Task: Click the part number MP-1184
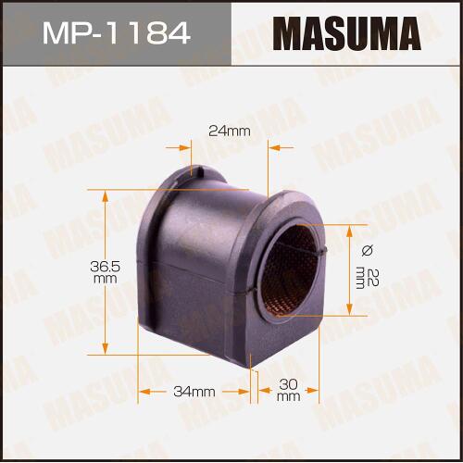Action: (x=116, y=32)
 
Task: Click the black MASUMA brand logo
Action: (x=346, y=33)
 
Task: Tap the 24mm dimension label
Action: (x=230, y=131)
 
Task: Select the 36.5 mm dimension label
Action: (x=106, y=272)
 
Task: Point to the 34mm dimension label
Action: (x=194, y=392)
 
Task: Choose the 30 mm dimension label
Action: (x=288, y=390)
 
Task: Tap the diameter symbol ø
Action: (x=368, y=250)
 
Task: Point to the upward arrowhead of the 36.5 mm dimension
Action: (x=106, y=196)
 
